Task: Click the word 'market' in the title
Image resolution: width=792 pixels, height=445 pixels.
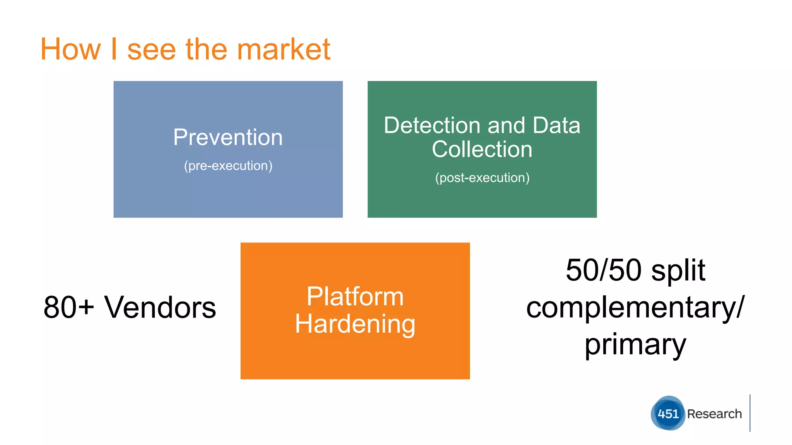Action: (x=283, y=49)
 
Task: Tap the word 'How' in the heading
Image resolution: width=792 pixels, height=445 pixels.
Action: (x=70, y=49)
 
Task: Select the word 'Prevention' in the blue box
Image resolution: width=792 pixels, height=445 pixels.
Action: (x=228, y=137)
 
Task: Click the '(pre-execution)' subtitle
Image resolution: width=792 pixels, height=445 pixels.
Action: (x=228, y=166)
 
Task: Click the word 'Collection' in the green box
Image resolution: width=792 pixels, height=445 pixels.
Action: (x=482, y=149)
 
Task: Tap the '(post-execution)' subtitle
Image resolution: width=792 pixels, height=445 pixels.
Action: (x=482, y=178)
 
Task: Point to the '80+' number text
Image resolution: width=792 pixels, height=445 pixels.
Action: (x=69, y=307)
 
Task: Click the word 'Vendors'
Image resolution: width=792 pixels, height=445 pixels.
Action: (x=160, y=307)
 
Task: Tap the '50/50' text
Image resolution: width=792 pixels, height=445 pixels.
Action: (x=604, y=270)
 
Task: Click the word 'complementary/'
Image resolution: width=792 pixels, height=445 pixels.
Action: (x=635, y=308)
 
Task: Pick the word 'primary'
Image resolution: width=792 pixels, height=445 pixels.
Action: (x=635, y=345)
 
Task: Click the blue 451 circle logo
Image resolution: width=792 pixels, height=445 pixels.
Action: (x=668, y=413)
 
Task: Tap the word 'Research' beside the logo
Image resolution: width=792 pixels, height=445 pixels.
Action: (x=714, y=414)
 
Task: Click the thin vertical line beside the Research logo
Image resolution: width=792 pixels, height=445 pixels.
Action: (x=750, y=413)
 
